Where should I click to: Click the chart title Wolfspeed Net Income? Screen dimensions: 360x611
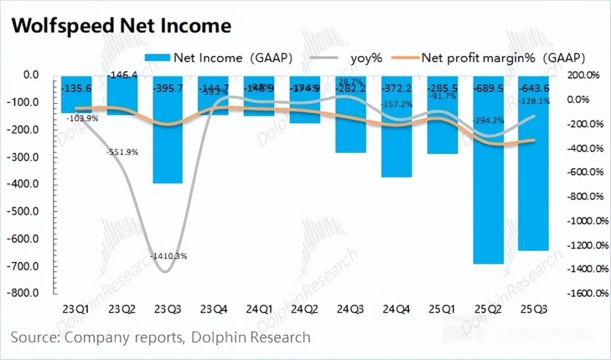coord(121,26)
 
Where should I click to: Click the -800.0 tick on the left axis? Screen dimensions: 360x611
coord(25,293)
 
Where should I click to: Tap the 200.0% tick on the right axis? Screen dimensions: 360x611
coord(578,75)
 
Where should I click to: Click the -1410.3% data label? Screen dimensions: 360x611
coord(169,256)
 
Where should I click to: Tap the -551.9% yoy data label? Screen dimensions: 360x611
coord(122,152)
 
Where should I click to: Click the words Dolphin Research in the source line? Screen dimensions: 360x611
coord(251,338)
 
